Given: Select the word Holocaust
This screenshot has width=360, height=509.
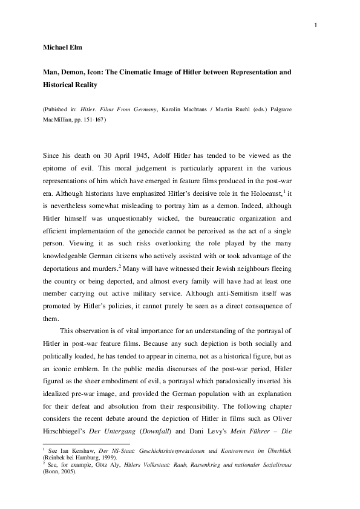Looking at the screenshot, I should point(268,192).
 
